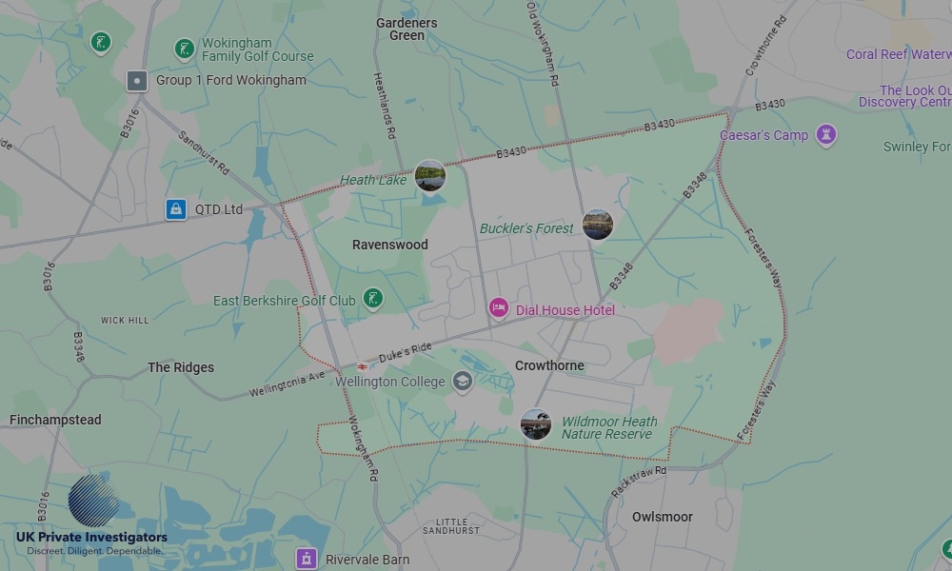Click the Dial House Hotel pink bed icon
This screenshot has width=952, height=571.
click(499, 308)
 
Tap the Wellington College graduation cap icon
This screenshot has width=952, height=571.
click(463, 382)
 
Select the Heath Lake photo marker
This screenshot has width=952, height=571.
click(430, 176)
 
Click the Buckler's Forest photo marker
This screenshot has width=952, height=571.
click(598, 226)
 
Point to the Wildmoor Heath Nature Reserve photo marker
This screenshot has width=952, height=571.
click(536, 424)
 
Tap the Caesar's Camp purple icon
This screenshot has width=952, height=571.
click(826, 135)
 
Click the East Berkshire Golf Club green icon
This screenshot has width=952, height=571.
click(374, 300)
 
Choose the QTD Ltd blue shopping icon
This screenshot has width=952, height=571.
click(175, 208)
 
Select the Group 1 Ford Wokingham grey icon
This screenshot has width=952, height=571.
click(137, 81)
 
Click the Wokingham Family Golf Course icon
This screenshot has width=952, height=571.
click(185, 49)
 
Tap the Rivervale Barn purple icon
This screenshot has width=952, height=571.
click(306, 559)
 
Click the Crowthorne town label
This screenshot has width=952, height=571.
click(549, 365)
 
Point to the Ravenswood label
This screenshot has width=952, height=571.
click(390, 245)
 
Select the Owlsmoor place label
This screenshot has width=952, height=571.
click(663, 517)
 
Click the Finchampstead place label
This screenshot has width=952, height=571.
click(55, 420)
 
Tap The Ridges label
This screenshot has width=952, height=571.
click(181, 367)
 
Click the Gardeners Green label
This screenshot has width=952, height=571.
click(407, 30)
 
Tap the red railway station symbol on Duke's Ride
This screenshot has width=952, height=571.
click(362, 365)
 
